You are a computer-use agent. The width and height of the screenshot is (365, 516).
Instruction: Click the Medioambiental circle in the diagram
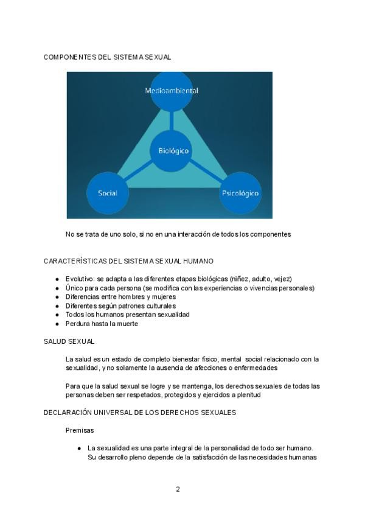172,91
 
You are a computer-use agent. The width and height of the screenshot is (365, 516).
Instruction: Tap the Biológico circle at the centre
173,150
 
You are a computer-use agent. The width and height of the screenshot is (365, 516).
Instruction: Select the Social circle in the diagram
108,193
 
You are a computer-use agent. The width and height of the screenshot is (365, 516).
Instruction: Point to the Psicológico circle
240,193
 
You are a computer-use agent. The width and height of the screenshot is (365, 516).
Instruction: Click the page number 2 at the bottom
178,489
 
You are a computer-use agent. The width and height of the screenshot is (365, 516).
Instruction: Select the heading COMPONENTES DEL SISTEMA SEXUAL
107,57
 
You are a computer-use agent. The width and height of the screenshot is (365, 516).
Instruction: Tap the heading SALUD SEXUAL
69,341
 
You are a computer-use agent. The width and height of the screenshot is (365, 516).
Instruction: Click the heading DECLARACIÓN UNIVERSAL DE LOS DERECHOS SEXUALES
139,413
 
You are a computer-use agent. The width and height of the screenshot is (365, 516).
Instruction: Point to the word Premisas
80,430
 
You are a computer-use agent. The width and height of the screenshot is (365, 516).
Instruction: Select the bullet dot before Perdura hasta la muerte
57,324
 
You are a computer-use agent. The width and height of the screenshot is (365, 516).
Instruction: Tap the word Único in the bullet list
74,288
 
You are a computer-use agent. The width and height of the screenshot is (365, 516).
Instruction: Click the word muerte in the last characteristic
128,324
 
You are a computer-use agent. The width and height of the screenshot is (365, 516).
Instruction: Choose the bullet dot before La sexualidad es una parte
79,448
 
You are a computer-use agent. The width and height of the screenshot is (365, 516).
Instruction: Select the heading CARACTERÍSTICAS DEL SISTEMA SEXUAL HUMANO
128,261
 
